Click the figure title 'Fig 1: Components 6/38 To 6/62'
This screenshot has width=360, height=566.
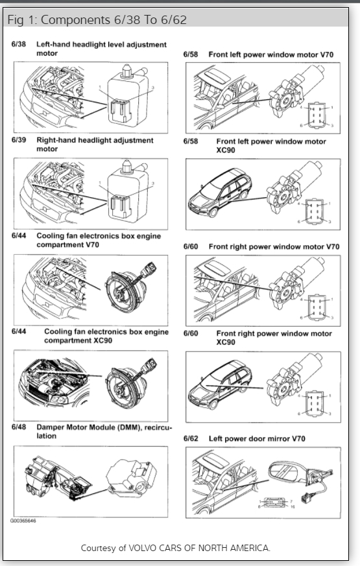pos(97,19)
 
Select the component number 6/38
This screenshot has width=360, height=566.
pos(19,44)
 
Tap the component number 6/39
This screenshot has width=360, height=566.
pos(19,140)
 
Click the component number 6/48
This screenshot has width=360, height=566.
pos(19,427)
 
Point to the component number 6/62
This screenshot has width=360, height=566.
pos(191,438)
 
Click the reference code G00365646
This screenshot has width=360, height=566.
pos(23,521)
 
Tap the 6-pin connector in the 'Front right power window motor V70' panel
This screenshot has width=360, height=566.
pos(316,307)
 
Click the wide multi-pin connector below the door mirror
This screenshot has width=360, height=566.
pos(275,502)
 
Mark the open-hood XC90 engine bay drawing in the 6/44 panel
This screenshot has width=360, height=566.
pos(54,383)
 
